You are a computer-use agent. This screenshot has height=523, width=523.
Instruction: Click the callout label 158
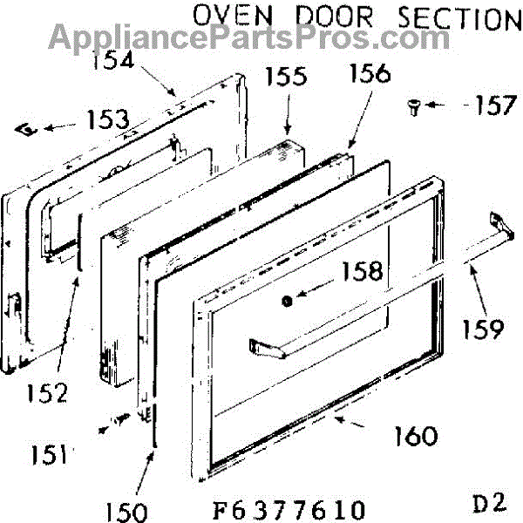pos(363,271)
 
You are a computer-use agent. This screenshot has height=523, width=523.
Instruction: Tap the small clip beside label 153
pos(29,128)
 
